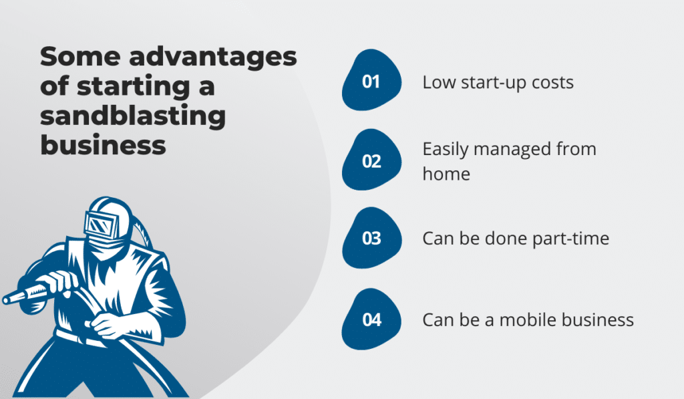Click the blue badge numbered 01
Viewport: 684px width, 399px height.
point(371,80)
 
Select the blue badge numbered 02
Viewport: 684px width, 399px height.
point(371,160)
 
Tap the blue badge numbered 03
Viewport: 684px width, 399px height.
point(371,238)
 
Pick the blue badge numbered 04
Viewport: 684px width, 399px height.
point(371,319)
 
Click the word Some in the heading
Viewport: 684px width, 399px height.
point(80,57)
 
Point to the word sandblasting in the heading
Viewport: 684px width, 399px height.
point(133,116)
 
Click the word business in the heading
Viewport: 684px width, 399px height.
point(103,144)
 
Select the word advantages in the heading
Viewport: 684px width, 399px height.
point(213,57)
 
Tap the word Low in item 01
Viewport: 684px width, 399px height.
point(439,82)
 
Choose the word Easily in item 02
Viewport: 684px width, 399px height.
point(446,150)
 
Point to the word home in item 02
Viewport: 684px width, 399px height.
point(446,174)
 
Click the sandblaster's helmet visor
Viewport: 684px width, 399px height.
point(102,226)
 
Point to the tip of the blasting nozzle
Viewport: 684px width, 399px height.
point(5,300)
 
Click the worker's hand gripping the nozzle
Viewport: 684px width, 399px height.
point(59,281)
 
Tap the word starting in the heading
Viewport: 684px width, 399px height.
point(134,87)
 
